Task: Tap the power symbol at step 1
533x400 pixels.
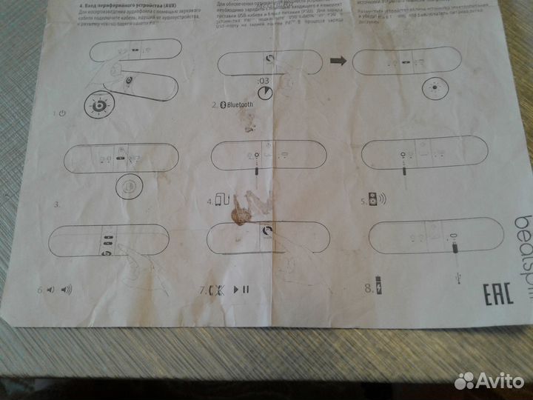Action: (x=62, y=113)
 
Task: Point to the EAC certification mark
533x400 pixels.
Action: (x=497, y=293)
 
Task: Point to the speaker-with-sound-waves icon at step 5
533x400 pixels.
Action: (x=377, y=200)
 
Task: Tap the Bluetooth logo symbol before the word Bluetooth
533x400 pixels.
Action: (x=223, y=105)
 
